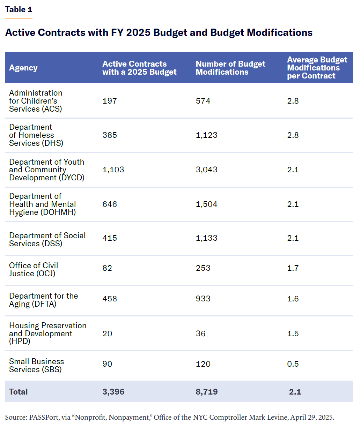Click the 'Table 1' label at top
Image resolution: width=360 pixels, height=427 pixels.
point(19,9)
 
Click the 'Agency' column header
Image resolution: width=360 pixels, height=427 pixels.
point(23,68)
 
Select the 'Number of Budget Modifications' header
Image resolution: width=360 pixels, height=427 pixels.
point(230,68)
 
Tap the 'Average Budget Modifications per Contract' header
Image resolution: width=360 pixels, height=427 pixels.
point(317,68)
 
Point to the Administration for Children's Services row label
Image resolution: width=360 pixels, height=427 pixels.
point(36,101)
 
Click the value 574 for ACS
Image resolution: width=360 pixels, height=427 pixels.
point(203,101)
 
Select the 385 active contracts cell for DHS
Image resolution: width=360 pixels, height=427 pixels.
point(110,135)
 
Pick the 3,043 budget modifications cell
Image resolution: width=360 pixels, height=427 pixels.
point(206,170)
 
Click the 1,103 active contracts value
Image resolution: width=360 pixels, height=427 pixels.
point(113,170)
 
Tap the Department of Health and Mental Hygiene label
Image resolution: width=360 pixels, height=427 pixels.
point(42,204)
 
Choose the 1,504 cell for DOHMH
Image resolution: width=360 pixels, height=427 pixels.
point(206,204)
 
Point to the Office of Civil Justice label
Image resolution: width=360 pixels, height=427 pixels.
point(34,269)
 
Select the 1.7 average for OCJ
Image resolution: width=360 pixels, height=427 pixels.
point(293,268)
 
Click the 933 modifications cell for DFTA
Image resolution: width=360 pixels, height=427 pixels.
point(203,299)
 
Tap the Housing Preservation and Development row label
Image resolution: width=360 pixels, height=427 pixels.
point(47,333)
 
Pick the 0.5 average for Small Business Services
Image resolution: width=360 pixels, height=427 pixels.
point(293,364)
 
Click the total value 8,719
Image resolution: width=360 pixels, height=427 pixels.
point(206,392)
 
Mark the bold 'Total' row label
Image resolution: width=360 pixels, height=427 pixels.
point(18,392)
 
